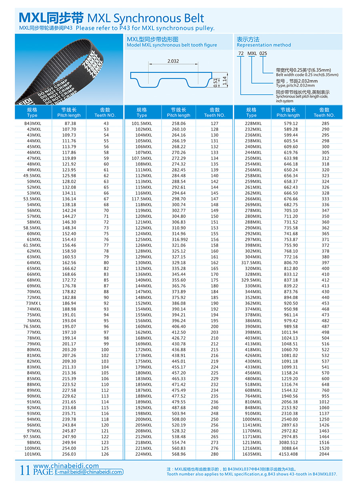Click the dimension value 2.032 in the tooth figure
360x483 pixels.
[173, 61]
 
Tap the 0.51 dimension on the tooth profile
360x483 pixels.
[216, 82]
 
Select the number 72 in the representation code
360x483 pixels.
[241, 53]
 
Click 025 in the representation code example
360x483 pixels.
[263, 53]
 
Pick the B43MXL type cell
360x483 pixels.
[33, 124]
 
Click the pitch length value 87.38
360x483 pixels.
[70, 124]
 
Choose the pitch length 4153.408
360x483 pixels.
[288, 454]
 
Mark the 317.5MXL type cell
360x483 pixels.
[252, 263]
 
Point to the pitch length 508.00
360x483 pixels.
[179, 419]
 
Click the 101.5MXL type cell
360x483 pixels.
[142, 124]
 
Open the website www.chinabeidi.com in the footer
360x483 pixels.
[66, 466]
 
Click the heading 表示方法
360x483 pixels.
[248, 39]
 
